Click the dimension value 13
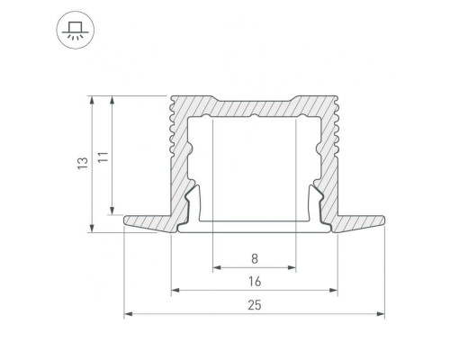(x=83, y=163)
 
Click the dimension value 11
(x=103, y=157)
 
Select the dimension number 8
(x=255, y=258)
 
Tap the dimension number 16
(x=255, y=282)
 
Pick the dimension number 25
(x=255, y=305)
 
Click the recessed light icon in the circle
(x=76, y=30)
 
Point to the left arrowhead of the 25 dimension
(x=128, y=314)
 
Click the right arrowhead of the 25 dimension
(x=381, y=314)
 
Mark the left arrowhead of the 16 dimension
(x=175, y=290)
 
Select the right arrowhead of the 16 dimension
(x=333, y=290)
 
